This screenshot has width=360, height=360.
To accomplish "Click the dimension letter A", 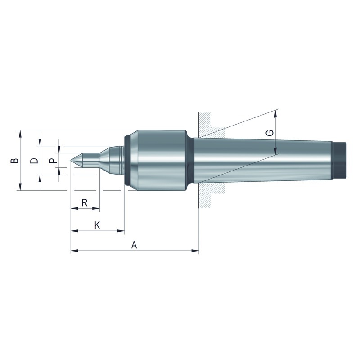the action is (x=134, y=245).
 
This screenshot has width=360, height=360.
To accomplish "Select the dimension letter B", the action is (x=15, y=160).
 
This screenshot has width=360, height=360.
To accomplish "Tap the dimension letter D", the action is (x=34, y=160).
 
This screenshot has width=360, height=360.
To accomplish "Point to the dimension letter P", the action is (x=54, y=160).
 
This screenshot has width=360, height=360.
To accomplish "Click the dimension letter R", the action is (x=85, y=203).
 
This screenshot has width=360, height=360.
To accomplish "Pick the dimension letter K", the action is (x=97, y=225).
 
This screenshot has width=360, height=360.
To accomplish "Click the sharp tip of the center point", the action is (x=71, y=160).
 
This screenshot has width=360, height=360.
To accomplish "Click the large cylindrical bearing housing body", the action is (x=162, y=160).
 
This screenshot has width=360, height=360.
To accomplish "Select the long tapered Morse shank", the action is (x=263, y=160).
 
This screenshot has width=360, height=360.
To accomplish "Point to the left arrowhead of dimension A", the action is (x=74, y=251).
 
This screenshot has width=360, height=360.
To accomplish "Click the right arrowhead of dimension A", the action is (x=195, y=251).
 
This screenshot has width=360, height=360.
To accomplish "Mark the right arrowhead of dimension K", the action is (x=121, y=231).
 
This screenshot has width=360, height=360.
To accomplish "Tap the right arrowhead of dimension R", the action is (x=96, y=208).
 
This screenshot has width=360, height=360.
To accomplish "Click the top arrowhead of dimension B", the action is (x=20, y=134).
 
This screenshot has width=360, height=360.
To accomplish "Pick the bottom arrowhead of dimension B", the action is (x=20, y=187).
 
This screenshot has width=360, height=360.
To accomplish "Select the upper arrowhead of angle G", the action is (x=275, y=114).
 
